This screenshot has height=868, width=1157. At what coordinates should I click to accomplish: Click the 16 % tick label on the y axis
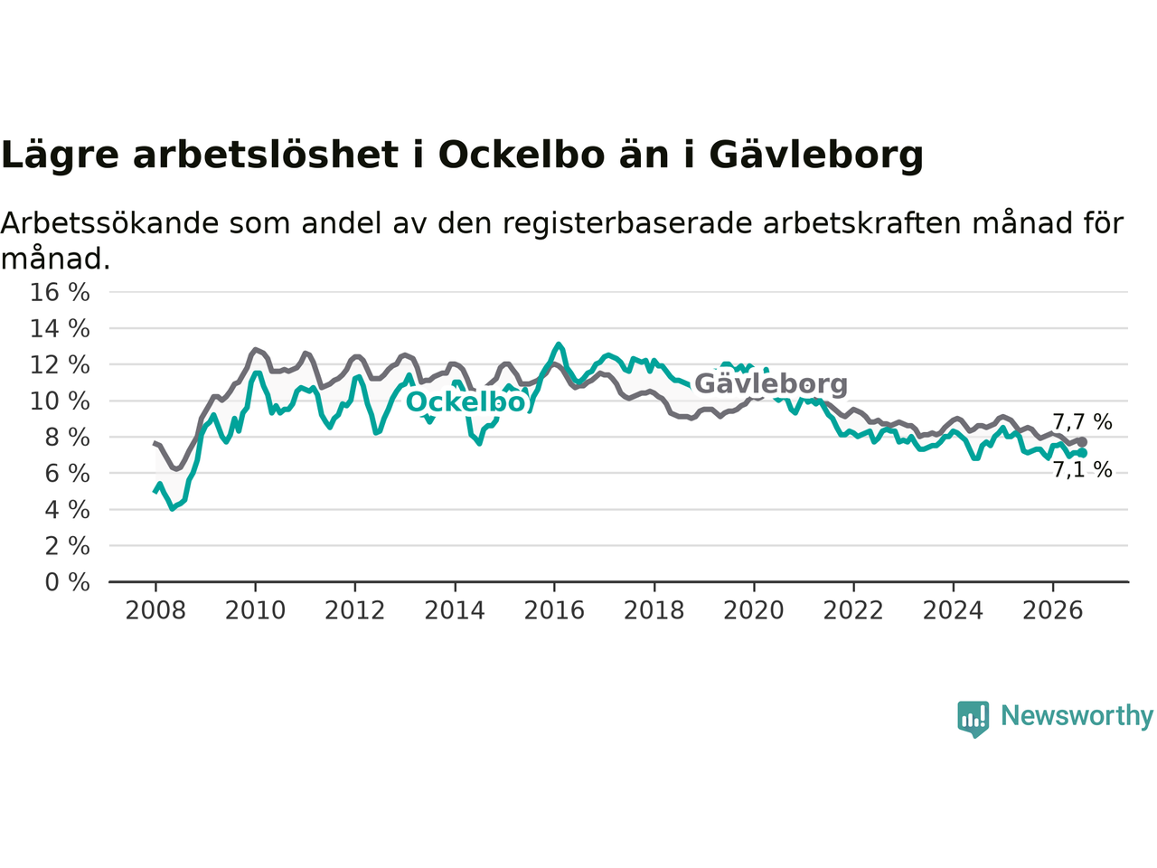pos(60,292)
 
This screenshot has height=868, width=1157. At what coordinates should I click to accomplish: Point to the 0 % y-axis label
pos(68,583)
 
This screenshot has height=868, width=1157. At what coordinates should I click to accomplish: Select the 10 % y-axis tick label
pos(60,401)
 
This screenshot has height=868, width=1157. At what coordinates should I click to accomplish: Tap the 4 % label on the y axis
pos(68,510)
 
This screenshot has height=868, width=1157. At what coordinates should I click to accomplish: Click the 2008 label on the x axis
pos(155,611)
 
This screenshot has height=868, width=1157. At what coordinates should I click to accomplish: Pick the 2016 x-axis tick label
pos(554,611)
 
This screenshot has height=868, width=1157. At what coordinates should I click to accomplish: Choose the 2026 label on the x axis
pos(1053,611)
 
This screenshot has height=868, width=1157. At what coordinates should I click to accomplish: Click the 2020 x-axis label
pos(754,611)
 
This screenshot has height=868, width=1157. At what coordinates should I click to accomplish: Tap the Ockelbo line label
pos(466,402)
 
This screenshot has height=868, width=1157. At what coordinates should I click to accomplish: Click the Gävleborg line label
pos(771,384)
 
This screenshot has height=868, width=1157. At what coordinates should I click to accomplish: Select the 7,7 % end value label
pos(1082,422)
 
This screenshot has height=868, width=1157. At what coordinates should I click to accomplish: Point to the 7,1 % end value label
pos(1082,469)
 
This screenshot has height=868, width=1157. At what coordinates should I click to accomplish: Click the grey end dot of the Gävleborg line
pos(1082,441)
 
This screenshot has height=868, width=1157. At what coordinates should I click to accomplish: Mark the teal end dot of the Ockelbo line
pos(1082,453)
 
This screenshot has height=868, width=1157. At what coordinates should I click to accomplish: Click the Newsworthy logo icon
pos(973,719)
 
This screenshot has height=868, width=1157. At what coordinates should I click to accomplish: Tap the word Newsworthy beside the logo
pos(1077,716)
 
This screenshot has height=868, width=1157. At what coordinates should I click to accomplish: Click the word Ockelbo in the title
pos(522,156)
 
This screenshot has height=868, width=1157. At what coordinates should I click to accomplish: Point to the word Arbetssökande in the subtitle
pos(109,223)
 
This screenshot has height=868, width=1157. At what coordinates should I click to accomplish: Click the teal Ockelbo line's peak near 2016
pos(559,344)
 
